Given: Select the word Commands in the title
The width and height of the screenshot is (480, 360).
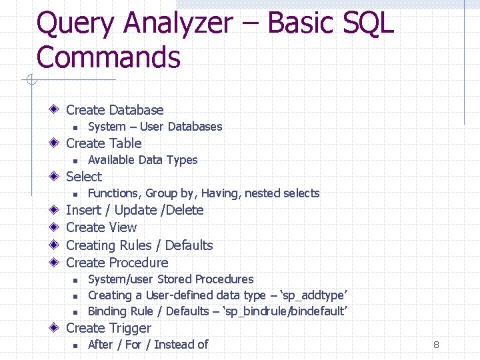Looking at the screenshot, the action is click(x=108, y=57).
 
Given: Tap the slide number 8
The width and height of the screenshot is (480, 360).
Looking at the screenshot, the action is click(x=436, y=345).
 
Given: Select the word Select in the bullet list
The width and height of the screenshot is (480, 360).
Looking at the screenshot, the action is click(x=84, y=177).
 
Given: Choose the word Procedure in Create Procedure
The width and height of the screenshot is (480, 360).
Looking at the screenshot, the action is click(x=139, y=263).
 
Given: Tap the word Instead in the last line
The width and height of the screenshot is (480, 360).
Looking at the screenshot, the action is click(x=173, y=345).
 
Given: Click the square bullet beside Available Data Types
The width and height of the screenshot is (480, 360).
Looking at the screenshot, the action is click(x=76, y=161).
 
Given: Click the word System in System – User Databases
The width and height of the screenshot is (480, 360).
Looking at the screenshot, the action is click(x=107, y=127).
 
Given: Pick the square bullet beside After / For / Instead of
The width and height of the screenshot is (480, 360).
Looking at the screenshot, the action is click(x=76, y=345).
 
